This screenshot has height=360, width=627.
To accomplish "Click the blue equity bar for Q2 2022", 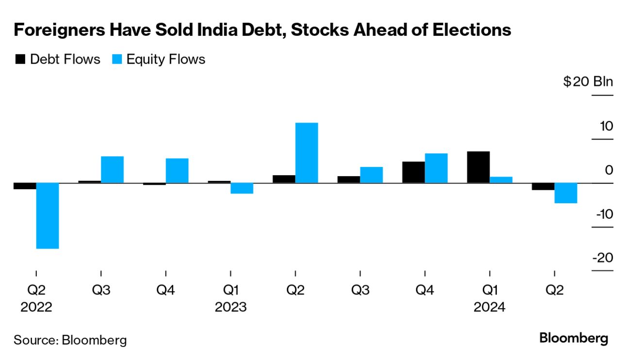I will click(48, 215).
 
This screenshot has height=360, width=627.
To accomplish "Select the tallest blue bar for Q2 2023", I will click(307, 153).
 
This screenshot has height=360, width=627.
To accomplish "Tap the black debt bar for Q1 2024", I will click(478, 167).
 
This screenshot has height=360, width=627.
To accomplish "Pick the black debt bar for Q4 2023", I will click(413, 172).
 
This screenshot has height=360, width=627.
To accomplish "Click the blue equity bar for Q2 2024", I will click(566, 193).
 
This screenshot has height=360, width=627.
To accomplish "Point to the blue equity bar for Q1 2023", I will click(242, 188).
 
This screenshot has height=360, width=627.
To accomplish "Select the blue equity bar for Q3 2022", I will click(112, 169).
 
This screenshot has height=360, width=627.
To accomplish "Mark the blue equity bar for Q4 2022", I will click(177, 170).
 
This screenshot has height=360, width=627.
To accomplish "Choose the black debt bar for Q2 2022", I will click(25, 186).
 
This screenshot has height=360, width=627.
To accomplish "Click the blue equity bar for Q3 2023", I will click(371, 175).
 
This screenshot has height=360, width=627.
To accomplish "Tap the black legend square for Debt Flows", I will click(20, 59).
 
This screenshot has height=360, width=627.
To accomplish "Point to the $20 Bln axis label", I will click(588, 82).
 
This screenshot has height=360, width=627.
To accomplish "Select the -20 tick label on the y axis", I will click(602, 258).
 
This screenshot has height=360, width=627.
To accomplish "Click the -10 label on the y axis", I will click(602, 214).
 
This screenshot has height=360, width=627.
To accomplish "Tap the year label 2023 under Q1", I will click(231, 307).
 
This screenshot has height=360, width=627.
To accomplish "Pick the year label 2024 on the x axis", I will click(489, 307).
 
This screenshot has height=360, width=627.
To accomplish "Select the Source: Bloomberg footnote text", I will click(70, 340).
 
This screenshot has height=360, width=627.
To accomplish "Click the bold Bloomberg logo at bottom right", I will click(574, 338).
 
